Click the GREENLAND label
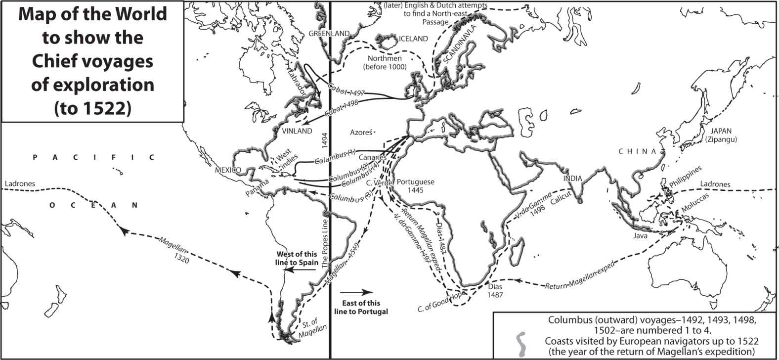tap(329, 34)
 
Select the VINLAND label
tap(297, 131)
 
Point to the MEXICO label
tap(228, 170)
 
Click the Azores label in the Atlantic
tap(360, 133)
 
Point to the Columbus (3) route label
tap(347, 195)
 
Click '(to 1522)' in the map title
tap(92, 107)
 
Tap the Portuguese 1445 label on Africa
tap(416, 185)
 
